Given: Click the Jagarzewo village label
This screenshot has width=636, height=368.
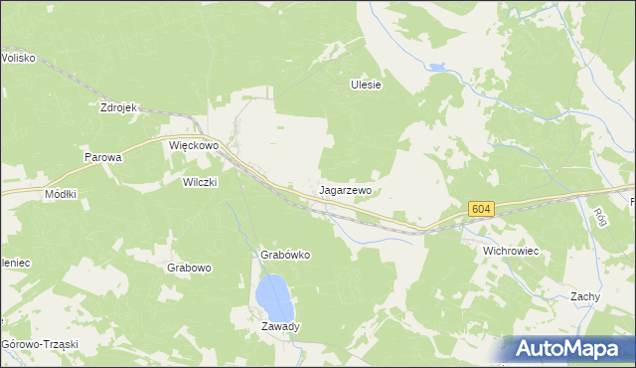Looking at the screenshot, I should coord(346,189).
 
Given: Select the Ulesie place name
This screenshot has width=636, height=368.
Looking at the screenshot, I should coord(366,85).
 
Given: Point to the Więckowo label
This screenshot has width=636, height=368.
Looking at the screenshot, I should coord(193,145).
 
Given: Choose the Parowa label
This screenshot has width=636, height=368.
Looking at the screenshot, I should coord(102,158).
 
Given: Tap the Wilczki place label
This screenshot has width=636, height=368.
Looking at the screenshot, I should coord(199,182).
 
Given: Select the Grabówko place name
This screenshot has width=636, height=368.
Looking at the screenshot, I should coord(285,255).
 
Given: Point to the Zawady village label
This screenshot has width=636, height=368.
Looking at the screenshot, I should coord(280,326).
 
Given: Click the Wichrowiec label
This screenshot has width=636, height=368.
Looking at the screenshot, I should coord(510,252).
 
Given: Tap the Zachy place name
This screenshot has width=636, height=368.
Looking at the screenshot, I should coord(584,296).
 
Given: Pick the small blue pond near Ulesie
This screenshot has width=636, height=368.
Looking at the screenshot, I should coord(436,69).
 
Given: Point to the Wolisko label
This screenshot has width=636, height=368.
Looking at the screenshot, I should coord(18,58).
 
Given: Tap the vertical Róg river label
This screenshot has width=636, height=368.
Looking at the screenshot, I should coord(599,215).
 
